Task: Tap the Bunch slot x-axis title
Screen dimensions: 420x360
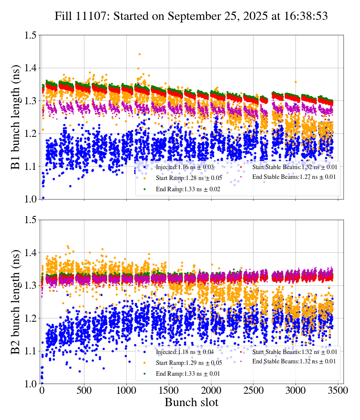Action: click(191, 403)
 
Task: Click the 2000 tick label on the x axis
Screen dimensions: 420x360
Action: click(211, 390)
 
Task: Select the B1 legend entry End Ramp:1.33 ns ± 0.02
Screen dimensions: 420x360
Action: click(187, 189)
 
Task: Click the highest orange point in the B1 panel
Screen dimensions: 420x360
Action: click(140, 54)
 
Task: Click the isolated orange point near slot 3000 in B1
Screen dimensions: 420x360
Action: click(295, 82)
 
